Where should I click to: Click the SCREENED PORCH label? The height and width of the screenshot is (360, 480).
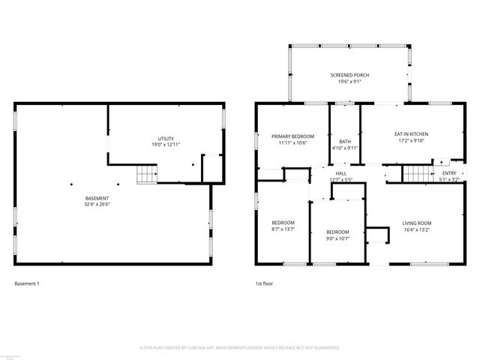click(349, 75)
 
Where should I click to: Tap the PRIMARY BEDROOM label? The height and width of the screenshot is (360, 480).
click(292, 136)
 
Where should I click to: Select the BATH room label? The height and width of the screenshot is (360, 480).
click(345, 141)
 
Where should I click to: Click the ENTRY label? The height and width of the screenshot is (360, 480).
click(448, 173)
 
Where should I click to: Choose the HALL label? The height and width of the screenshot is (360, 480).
click(341, 173)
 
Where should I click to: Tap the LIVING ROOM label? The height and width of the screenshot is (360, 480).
click(416, 223)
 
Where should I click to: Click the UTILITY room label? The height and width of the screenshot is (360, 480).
click(166, 139)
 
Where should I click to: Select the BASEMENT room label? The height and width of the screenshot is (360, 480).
click(97, 198)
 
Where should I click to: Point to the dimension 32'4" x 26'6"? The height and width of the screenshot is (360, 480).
click(97, 205)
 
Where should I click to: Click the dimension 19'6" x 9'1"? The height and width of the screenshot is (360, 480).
click(349, 82)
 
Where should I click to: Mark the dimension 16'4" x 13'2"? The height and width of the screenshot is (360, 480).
click(416, 229)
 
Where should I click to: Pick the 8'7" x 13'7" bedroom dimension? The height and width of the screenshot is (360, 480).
click(283, 229)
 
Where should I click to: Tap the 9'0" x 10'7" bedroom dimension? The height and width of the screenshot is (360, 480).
click(337, 239)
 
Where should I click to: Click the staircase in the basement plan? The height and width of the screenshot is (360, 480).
click(145, 175)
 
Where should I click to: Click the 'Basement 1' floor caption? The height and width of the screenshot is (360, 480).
click(27, 284)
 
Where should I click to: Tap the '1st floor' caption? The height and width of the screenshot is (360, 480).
click(263, 284)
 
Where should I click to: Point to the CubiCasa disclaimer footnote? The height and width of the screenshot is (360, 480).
click(240, 348)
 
